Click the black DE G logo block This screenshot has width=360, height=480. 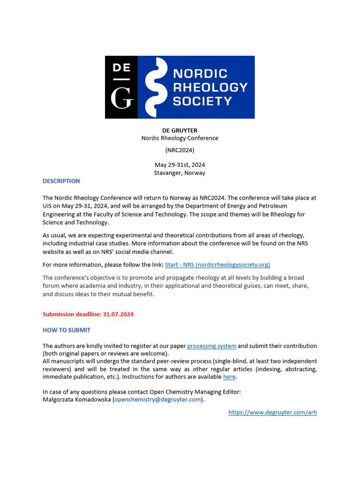pyautogui.click(x=121, y=87)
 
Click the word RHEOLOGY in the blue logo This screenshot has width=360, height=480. pyautogui.click(x=210, y=87)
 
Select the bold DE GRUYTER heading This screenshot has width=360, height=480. pyautogui.click(x=180, y=130)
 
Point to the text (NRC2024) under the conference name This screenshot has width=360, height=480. pyautogui.click(x=180, y=150)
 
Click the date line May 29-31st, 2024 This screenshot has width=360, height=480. pyautogui.click(x=180, y=165)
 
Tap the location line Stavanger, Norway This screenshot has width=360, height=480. pyautogui.click(x=180, y=173)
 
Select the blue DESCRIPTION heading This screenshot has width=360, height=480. pyautogui.click(x=61, y=181)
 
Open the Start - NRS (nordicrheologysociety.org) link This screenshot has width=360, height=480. pyautogui.click(x=217, y=265)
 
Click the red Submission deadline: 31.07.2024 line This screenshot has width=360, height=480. pyautogui.click(x=88, y=315)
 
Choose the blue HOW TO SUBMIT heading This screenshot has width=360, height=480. pyautogui.click(x=67, y=330)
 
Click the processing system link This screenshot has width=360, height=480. pyautogui.click(x=212, y=346)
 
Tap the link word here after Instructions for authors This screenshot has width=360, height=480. pyautogui.click(x=229, y=377)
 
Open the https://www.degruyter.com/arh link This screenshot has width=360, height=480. pyautogui.click(x=272, y=412)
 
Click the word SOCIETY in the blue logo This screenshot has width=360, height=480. pyautogui.click(x=202, y=101)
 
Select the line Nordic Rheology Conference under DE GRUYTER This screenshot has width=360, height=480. pyautogui.click(x=180, y=138)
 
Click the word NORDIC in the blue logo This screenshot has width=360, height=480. pyautogui.click(x=200, y=74)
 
